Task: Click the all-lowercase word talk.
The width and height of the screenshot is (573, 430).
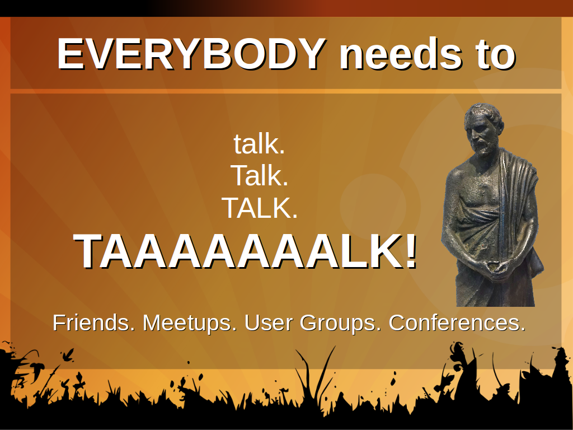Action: (259, 144)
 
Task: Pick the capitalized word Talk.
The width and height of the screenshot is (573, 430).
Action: (259, 175)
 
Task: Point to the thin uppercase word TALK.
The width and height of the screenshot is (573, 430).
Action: (260, 208)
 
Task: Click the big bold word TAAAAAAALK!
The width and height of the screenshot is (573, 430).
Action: (245, 251)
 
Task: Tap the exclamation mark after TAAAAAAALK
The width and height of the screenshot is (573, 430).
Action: (410, 251)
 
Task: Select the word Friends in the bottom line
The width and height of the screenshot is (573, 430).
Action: (93, 322)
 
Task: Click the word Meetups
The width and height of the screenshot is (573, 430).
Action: (189, 323)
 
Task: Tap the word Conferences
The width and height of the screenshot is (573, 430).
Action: (457, 322)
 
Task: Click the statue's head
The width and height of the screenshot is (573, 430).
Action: (483, 128)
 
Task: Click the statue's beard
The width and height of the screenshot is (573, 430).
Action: (482, 147)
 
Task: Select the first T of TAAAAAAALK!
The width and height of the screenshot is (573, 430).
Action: (90, 251)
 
